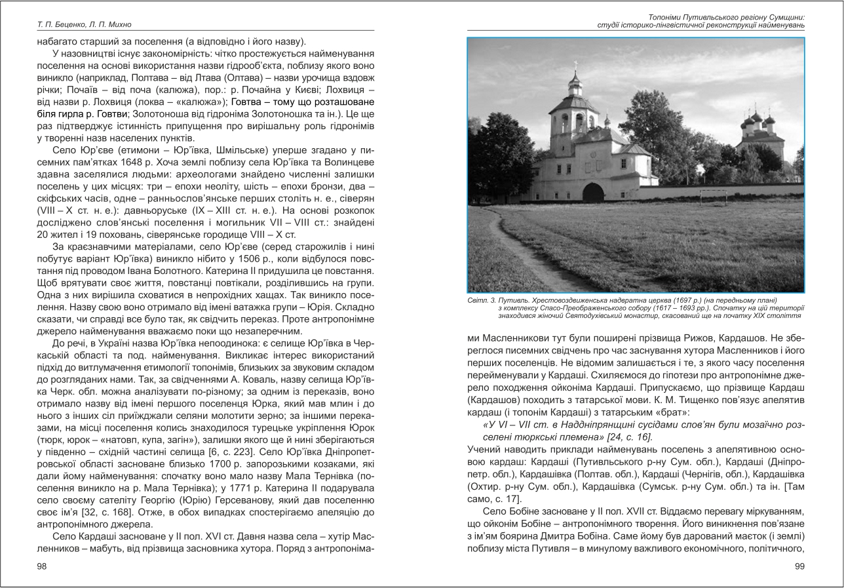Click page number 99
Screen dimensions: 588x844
tap(798, 566)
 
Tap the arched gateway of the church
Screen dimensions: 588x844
tap(593, 193)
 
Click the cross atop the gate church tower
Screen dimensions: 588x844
tap(575, 66)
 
